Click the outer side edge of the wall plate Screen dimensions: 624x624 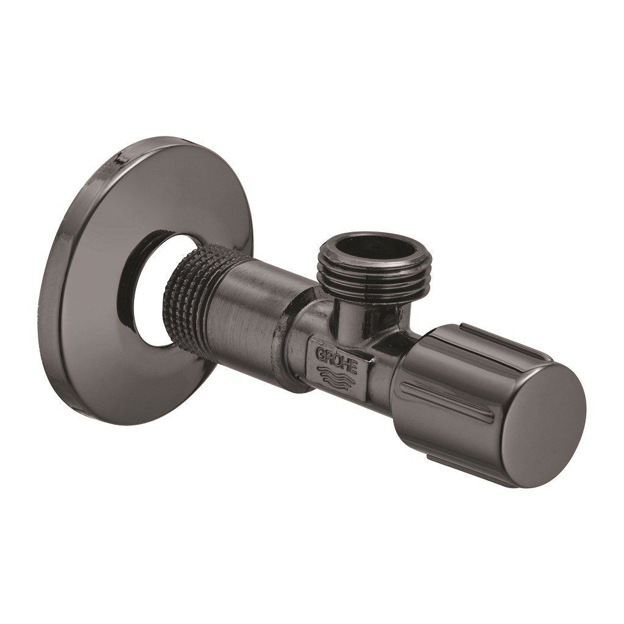[x=52, y=274]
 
